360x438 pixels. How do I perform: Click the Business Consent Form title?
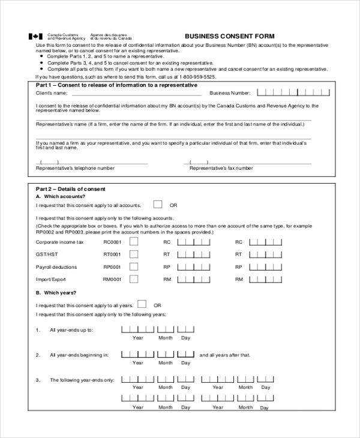[229, 36]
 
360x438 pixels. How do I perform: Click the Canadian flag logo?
[36, 37]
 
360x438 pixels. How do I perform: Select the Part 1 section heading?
[116, 85]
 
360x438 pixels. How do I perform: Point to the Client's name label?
[52, 94]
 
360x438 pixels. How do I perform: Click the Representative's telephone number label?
[76, 169]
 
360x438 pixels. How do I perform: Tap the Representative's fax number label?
[221, 169]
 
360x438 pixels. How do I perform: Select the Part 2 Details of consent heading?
[71, 189]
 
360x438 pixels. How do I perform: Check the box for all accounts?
[158, 204]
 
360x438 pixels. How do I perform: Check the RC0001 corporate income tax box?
[134, 242]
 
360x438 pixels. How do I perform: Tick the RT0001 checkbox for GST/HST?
[134, 254]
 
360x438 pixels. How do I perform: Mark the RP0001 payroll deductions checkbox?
[134, 267]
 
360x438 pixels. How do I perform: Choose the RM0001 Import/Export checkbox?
[134, 280]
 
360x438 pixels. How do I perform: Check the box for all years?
[142, 304]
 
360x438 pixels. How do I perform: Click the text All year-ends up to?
[71, 330]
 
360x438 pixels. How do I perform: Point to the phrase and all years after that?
[224, 355]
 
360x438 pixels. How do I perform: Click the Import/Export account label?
[51, 280]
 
